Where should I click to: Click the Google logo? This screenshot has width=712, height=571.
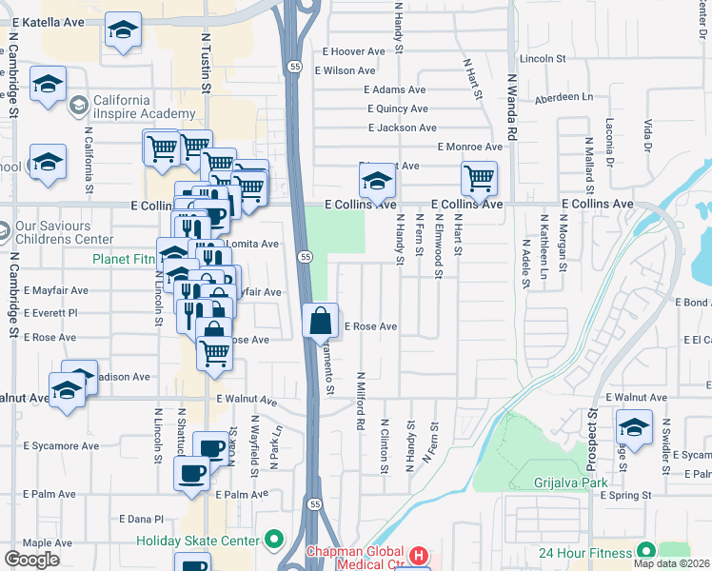(x=32, y=559)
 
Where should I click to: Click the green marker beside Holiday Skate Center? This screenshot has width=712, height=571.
(x=274, y=541)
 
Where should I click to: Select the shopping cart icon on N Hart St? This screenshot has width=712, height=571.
(x=479, y=177)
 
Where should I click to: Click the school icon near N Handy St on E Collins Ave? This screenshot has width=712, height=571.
(x=377, y=178)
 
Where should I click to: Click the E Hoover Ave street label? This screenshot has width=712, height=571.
(x=353, y=51)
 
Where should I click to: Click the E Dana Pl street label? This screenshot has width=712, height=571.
(x=141, y=519)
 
